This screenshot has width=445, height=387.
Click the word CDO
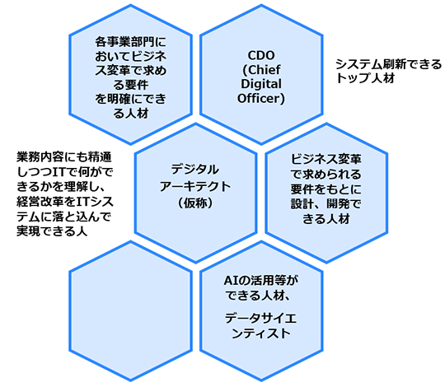[x=261, y=55]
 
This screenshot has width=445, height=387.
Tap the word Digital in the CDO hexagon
[x=261, y=84]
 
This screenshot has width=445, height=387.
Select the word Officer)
[x=261, y=98]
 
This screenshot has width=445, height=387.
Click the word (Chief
[x=261, y=70]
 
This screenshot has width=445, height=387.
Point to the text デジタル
[x=195, y=170]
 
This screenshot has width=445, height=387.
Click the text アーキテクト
[x=195, y=186]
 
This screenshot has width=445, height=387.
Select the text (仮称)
[x=195, y=203]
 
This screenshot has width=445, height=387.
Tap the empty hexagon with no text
[x=130, y=311]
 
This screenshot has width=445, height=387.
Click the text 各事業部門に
[x=130, y=42]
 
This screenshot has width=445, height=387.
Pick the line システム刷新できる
[x=388, y=64]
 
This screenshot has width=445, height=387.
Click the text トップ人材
[x=365, y=77]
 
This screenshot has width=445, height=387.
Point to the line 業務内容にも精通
[x=64, y=157]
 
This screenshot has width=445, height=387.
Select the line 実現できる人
[x=52, y=231]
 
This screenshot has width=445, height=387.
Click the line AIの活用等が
[x=261, y=281]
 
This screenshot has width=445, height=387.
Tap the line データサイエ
[x=261, y=319]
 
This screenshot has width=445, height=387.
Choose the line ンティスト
[x=261, y=333]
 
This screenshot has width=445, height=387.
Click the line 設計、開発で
[x=326, y=203]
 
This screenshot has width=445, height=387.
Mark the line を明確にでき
[x=130, y=100]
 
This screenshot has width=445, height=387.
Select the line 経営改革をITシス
[x=65, y=202]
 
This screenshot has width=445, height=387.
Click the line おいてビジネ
[x=130, y=57]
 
